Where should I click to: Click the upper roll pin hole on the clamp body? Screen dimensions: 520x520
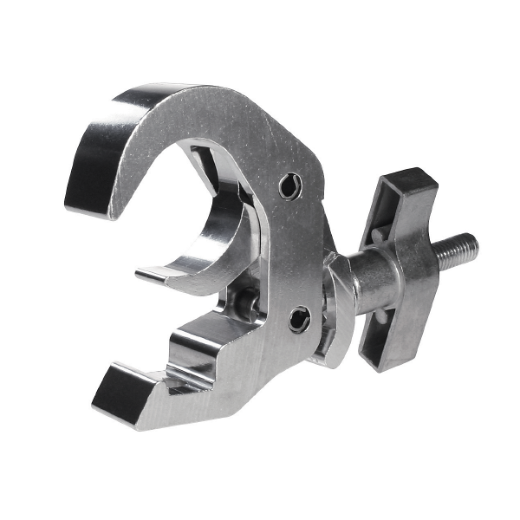[291, 185]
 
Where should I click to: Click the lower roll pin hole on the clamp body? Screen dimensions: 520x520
[299, 320]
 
